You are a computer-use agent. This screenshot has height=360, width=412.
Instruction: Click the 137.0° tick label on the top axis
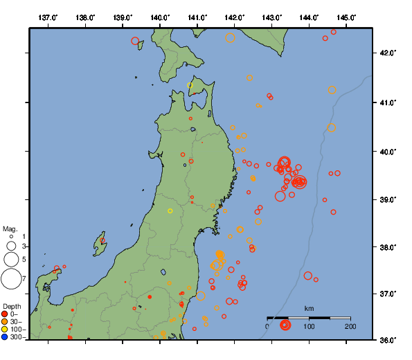point(48,17)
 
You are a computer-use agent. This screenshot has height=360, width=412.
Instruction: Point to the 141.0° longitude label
point(197,17)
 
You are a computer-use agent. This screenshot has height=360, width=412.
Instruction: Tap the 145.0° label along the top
point(347,17)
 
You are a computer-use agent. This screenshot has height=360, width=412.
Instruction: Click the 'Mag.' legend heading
point(10,228)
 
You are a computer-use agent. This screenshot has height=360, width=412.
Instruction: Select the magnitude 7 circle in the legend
point(11,279)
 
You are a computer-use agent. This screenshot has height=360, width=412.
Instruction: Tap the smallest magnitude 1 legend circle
point(12,237)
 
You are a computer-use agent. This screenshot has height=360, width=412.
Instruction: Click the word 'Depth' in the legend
point(12,305)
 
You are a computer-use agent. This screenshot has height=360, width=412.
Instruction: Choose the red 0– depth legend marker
point(6,314)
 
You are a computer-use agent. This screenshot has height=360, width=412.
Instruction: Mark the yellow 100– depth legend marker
point(6,330)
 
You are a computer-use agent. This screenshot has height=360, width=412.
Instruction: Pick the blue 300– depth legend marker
point(6,337)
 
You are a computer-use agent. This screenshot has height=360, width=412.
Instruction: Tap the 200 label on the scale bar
point(350,326)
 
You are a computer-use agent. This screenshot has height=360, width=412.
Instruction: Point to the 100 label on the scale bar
point(309,326)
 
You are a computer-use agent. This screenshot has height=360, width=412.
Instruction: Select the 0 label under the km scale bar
point(268,326)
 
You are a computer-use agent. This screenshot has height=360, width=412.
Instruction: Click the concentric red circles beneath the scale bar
point(285,325)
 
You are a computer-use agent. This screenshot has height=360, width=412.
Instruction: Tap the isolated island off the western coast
point(101,244)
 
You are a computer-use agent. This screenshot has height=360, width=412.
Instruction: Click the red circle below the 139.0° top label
point(136,41)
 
